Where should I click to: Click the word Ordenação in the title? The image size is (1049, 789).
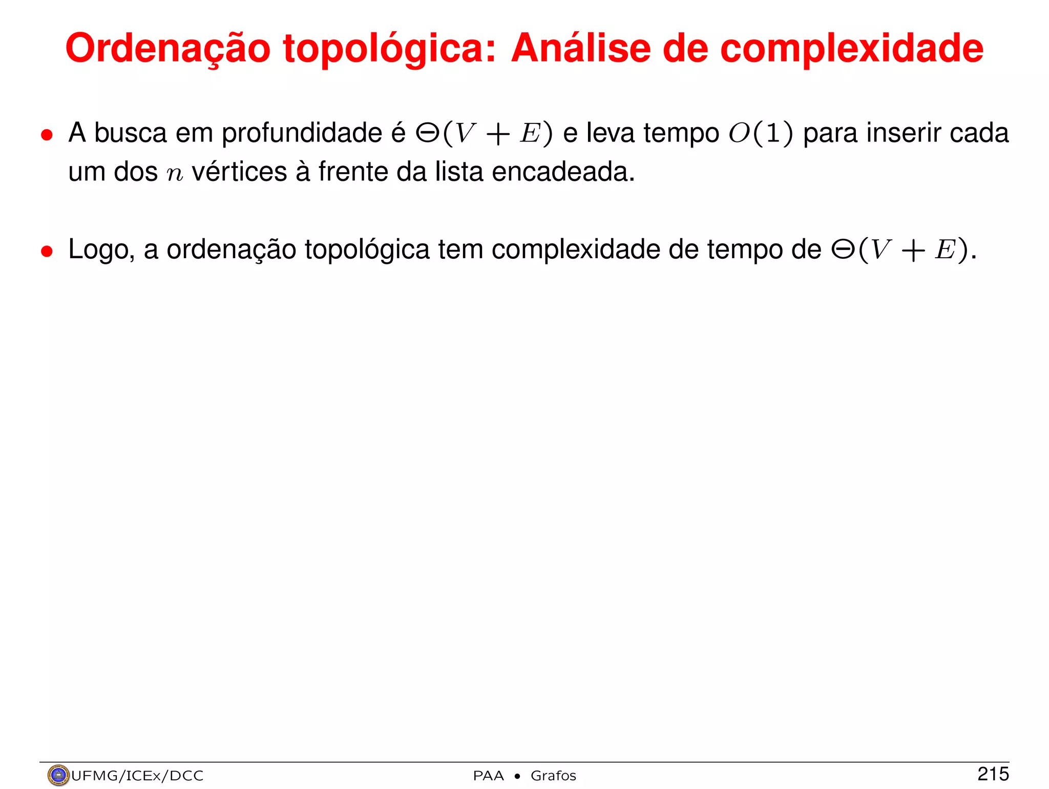pos(167,49)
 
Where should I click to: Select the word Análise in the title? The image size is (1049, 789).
pos(580,49)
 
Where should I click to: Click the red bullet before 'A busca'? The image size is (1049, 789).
pos(47,135)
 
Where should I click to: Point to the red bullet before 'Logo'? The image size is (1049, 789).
pos(47,251)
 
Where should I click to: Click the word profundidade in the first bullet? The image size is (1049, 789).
pos(302,133)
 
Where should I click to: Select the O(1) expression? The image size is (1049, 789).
pos(761,133)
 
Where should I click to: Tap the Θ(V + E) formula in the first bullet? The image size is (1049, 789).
pos(484,134)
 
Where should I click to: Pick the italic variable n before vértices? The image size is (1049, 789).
pos(175,173)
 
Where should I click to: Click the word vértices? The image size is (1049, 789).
pos(239,172)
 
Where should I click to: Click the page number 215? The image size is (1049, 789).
pos(993,774)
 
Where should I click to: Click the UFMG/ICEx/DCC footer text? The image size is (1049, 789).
pos(137,776)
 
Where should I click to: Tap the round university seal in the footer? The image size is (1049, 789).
pos(58,775)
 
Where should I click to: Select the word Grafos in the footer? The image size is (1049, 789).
pos(553,776)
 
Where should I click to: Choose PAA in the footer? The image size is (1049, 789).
pos(488,776)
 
